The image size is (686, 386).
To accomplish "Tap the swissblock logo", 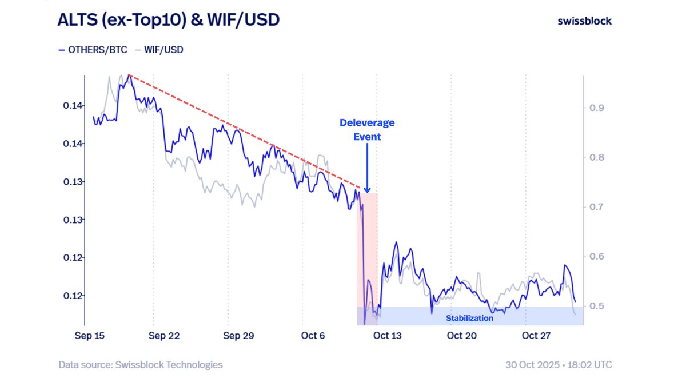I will (x=584, y=21).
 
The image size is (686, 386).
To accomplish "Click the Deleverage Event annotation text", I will (x=367, y=130).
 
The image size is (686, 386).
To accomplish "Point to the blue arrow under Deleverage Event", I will (x=367, y=166).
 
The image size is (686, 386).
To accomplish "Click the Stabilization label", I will (x=469, y=318).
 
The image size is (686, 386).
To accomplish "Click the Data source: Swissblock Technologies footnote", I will (x=141, y=364).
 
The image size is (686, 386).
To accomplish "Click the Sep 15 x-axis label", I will (x=90, y=336).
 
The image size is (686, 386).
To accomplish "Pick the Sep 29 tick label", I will (x=239, y=336).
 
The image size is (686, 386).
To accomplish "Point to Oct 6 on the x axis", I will (x=313, y=336).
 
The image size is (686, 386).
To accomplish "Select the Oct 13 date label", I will (x=387, y=336).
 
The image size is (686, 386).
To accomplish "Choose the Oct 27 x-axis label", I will (x=536, y=336).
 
